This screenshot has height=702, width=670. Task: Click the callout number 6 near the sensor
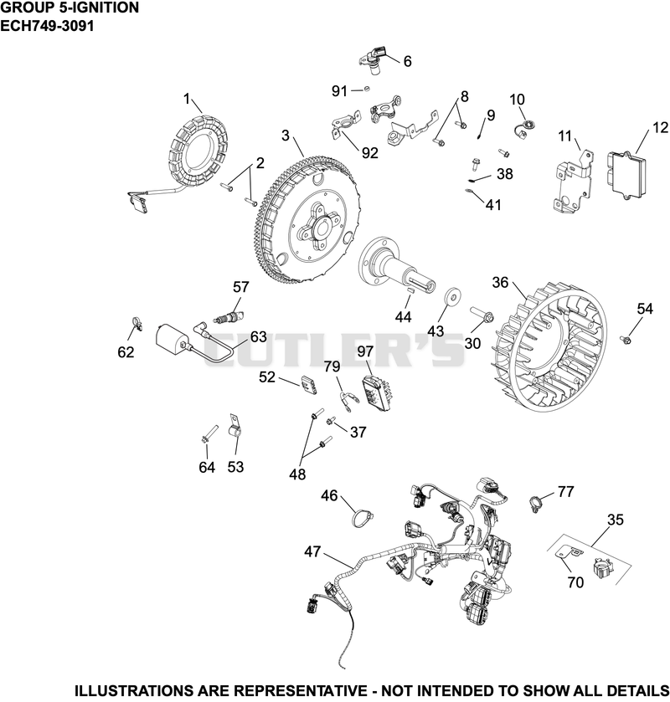[x=407, y=61]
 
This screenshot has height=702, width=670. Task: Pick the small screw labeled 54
[x=626, y=340]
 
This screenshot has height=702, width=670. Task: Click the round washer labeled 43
[x=452, y=296]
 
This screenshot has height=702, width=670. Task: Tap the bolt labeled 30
[x=482, y=314]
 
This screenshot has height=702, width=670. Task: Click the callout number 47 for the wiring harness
[x=312, y=551]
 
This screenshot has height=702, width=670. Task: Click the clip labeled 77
[x=534, y=504]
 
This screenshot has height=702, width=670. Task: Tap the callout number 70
[x=575, y=582]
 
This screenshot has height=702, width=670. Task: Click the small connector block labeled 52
[x=309, y=385]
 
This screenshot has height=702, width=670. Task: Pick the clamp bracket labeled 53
[x=235, y=425]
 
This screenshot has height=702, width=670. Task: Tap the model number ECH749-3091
[x=47, y=25]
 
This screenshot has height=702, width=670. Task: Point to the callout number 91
[x=339, y=91]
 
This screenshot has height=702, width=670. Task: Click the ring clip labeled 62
[x=137, y=323]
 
